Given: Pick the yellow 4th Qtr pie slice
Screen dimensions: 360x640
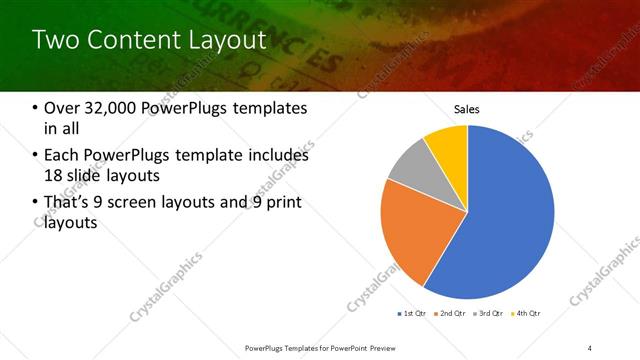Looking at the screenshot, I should point(446,146).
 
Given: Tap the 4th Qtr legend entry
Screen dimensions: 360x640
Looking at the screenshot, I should point(526,314).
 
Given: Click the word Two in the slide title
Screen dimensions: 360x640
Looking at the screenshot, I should point(53,40).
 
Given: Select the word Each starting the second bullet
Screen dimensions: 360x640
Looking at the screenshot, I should point(62,155).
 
